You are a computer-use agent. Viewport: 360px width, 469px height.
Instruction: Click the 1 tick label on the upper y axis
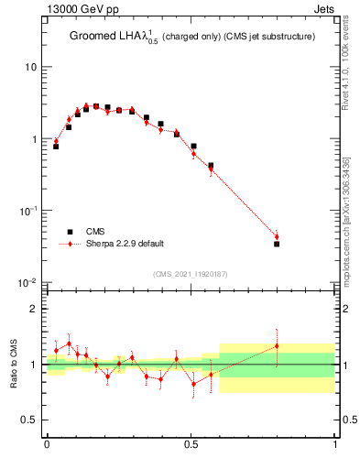pyautogui.click(x=34, y=139)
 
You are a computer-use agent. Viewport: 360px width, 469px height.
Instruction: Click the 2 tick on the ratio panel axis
pyautogui.click(x=34, y=309)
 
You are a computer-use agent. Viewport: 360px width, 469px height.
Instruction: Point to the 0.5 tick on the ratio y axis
pyautogui.click(x=29, y=420)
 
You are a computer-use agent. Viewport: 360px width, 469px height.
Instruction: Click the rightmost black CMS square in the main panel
pyautogui.click(x=277, y=244)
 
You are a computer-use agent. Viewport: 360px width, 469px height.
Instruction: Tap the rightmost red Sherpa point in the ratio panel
pyautogui.click(x=277, y=345)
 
